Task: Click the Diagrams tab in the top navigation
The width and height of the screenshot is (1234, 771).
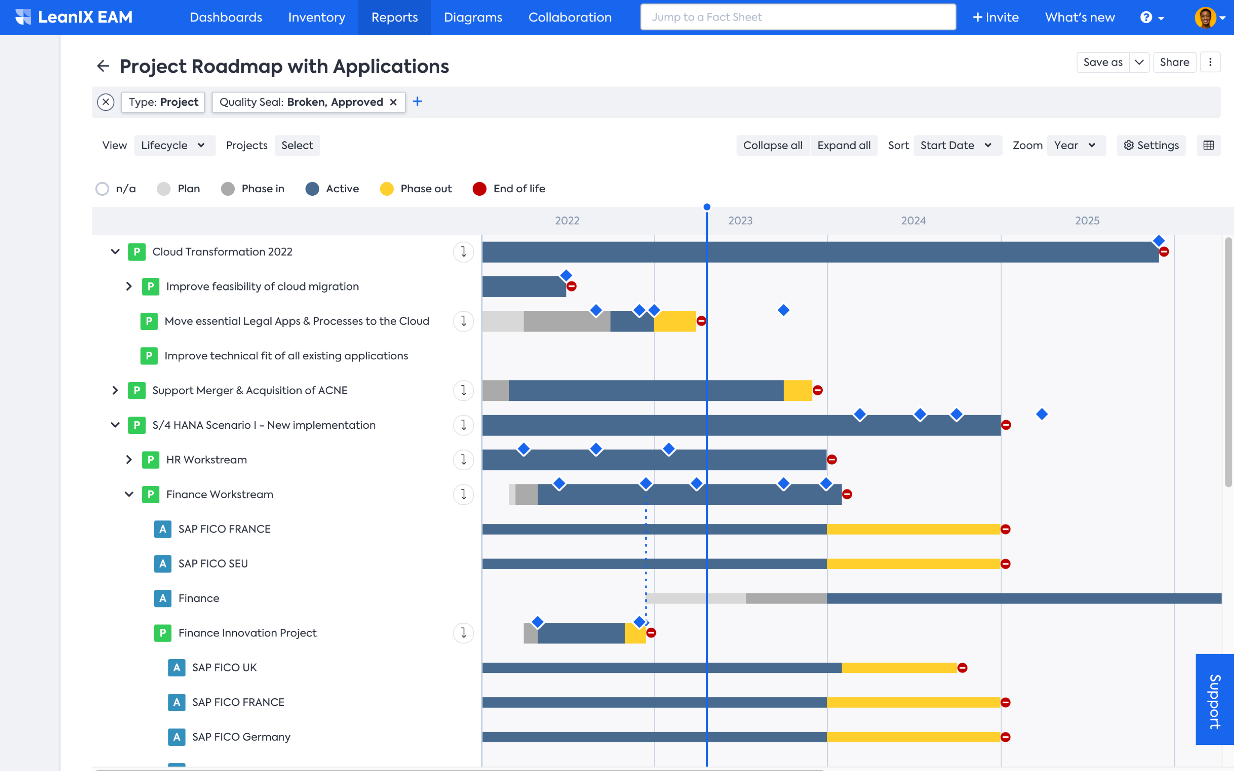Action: pyautogui.click(x=473, y=17)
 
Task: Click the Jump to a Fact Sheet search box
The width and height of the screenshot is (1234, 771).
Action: pyautogui.click(x=797, y=17)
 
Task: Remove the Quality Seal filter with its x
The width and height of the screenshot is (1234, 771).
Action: pyautogui.click(x=393, y=102)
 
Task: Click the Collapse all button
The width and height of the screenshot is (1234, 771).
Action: pyautogui.click(x=772, y=145)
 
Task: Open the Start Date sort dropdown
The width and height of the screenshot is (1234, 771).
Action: pyautogui.click(x=957, y=145)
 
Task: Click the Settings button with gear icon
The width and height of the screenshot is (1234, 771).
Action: pyautogui.click(x=1151, y=145)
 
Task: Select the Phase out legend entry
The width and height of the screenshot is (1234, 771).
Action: pyautogui.click(x=425, y=188)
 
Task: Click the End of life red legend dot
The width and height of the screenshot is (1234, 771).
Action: pyautogui.click(x=479, y=188)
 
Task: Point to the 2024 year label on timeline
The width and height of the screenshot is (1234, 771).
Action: pyautogui.click(x=913, y=221)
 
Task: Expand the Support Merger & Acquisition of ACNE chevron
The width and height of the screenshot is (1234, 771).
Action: pyautogui.click(x=115, y=391)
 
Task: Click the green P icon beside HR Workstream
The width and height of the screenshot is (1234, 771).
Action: pyautogui.click(x=150, y=460)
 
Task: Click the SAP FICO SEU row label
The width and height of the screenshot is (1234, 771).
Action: pyautogui.click(x=213, y=563)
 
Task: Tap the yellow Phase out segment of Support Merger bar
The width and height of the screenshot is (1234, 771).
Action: pyautogui.click(x=797, y=391)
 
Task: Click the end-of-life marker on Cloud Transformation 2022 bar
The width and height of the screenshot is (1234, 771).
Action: pyautogui.click(x=1164, y=252)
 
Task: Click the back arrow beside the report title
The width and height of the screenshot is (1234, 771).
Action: pyautogui.click(x=103, y=66)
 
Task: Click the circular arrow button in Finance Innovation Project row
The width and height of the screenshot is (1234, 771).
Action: pyautogui.click(x=463, y=633)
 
